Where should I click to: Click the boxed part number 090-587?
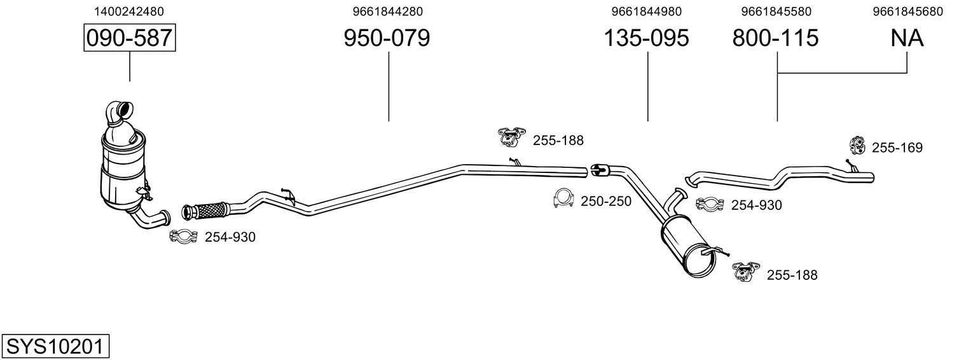[129, 38]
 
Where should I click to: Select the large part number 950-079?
[387, 38]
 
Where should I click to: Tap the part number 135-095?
[646, 38]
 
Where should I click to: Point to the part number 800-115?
[775, 38]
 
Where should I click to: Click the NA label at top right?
[907, 38]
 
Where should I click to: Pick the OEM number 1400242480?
[129, 11]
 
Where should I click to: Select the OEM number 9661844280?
[387, 11]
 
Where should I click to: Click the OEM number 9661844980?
[646, 11]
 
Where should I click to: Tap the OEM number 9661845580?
[776, 11]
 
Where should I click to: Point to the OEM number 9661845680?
[907, 11]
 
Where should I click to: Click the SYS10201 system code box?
[55, 346]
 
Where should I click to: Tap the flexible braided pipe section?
[205, 209]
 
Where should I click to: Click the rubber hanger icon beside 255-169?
[856, 146]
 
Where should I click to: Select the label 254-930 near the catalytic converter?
[230, 237]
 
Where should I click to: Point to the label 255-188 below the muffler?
[792, 275]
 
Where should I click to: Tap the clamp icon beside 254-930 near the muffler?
[710, 204]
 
